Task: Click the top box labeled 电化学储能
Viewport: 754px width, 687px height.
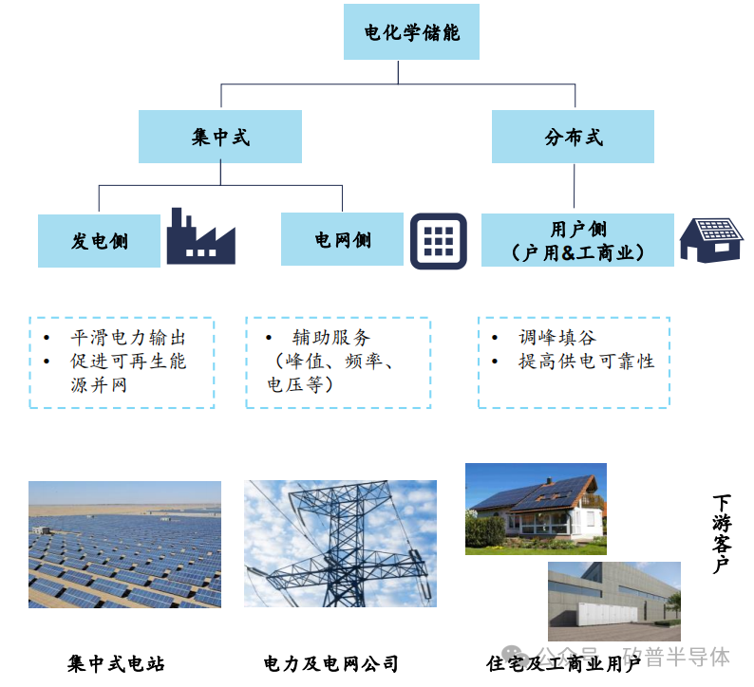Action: [x=412, y=32]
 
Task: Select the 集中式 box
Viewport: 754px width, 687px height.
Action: [x=220, y=137]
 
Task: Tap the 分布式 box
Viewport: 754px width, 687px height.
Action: [x=574, y=137]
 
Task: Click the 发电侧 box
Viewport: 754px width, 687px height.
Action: [x=99, y=240]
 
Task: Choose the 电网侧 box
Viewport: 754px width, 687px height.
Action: [x=342, y=239]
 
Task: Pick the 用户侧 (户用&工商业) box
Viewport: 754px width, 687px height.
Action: [x=577, y=240]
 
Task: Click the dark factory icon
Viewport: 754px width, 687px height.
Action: [x=200, y=237]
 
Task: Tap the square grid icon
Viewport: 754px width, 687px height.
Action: [x=439, y=240]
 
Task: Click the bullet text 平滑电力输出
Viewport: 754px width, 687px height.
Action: [x=127, y=338]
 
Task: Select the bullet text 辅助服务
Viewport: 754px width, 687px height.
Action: [x=330, y=337]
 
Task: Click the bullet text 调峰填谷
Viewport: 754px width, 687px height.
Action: [x=556, y=337]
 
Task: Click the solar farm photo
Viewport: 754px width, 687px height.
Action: [x=124, y=544]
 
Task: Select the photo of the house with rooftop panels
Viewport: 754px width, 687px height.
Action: [x=536, y=509]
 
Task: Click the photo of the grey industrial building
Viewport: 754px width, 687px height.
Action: [x=614, y=601]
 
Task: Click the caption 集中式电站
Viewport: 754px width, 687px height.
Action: [x=123, y=663]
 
